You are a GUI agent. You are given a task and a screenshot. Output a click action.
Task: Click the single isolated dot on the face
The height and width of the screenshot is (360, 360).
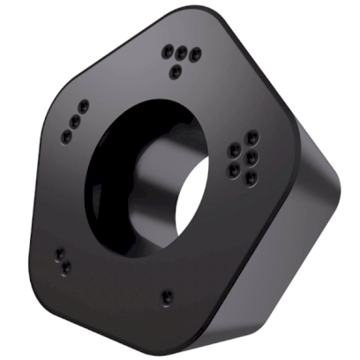click(x=167, y=296)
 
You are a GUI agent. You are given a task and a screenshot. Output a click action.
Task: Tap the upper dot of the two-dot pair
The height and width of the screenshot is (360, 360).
click(x=58, y=253)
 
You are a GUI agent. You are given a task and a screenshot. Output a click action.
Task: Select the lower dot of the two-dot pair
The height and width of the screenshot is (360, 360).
click(x=64, y=266)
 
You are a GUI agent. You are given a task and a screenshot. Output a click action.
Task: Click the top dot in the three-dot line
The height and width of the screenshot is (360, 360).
click(x=82, y=105)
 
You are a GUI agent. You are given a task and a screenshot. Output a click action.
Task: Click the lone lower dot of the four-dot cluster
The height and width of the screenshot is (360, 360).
click(x=177, y=69)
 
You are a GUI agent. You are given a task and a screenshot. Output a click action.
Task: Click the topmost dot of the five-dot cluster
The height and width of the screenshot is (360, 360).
click(x=252, y=137)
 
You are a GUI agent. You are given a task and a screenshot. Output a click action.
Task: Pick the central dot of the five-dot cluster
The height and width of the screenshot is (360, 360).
click(x=251, y=156)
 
